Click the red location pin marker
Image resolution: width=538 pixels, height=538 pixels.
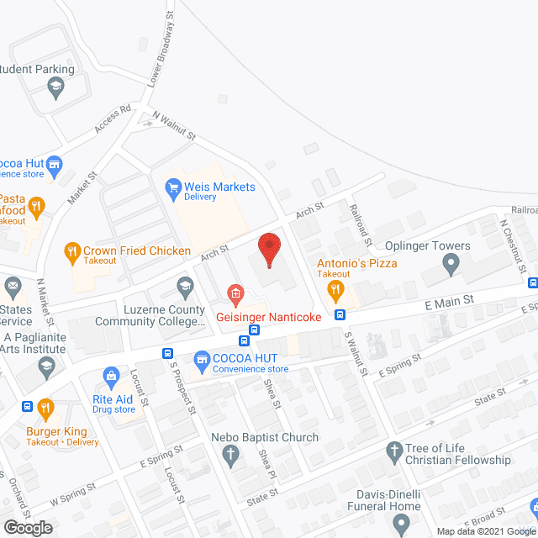[269, 249]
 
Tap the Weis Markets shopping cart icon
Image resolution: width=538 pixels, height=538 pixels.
[174, 187]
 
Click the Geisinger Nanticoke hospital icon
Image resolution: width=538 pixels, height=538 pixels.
[236, 294]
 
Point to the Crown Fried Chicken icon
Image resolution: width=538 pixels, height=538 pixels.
[72, 251]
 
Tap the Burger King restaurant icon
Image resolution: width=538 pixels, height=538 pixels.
[45, 409]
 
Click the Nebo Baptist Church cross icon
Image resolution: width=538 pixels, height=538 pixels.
[229, 456]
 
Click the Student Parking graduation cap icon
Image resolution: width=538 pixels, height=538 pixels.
[55, 87]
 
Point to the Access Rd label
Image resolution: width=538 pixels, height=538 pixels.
[113, 119]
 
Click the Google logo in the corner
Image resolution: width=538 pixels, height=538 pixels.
[28, 527]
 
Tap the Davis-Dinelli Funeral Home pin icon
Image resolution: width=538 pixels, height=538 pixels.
[404, 524]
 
